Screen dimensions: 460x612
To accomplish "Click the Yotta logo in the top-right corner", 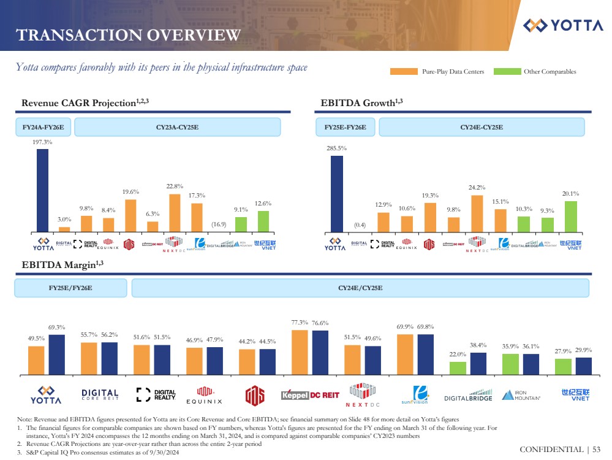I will pos(563,25).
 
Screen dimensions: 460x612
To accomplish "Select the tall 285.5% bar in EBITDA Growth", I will pos(336,194).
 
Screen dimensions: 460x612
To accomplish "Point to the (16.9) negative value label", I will pos(219,224).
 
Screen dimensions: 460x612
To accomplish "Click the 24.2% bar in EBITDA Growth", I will pos(477,213).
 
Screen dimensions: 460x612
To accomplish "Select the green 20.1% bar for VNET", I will pos(571,217).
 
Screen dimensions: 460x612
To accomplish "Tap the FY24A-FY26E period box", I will pos(43,128).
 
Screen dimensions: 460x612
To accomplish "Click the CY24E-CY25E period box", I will pos(482,128).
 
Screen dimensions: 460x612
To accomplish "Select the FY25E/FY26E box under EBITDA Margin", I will pos(70,288).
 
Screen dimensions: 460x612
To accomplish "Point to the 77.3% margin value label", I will pos(299,323).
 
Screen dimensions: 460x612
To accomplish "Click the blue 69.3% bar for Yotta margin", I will pos(57,354).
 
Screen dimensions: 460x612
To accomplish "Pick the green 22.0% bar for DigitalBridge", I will pos(457,367).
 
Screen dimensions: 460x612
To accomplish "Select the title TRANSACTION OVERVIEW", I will pos(128,35).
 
